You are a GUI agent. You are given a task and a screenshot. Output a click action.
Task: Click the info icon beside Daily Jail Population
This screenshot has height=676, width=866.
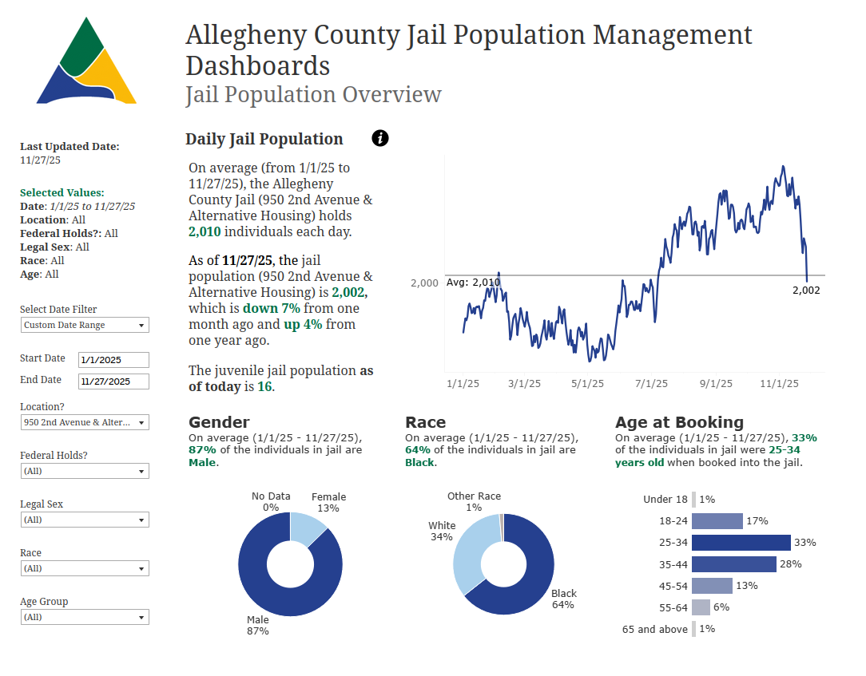(380, 138)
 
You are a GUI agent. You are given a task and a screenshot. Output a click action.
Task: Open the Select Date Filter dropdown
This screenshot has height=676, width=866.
(85, 325)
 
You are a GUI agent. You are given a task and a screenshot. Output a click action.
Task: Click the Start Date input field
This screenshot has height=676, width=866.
(113, 360)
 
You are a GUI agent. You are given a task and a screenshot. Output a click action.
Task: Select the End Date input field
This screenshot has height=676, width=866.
(113, 381)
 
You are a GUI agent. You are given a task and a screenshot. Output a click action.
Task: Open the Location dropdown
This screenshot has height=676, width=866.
(85, 422)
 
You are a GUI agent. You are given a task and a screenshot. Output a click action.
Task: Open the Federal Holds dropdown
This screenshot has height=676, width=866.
(85, 471)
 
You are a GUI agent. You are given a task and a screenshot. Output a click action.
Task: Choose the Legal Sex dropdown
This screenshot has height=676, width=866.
(85, 520)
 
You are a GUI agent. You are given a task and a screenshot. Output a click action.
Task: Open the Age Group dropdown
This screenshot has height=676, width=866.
(85, 617)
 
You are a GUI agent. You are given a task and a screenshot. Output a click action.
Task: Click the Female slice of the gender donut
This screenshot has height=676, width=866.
(307, 530)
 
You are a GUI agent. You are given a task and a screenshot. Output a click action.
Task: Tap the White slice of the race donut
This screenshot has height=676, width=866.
(467, 555)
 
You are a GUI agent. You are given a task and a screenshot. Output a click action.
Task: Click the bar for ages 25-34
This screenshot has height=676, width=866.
(741, 543)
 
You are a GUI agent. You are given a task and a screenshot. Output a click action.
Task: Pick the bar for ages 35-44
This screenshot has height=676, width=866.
(733, 564)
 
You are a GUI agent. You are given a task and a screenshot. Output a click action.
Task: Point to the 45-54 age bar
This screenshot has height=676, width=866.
(712, 586)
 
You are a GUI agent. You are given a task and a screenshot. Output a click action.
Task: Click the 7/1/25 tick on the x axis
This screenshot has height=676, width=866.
(651, 384)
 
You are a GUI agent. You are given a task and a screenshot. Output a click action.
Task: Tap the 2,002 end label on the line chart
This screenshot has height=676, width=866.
(806, 291)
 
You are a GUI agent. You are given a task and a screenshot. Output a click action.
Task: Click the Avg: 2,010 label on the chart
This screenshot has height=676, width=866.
(473, 283)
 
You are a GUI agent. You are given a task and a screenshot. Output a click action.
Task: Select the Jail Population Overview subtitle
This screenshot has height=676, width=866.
(313, 94)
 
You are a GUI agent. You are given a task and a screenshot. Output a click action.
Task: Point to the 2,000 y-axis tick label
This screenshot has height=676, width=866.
(424, 283)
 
